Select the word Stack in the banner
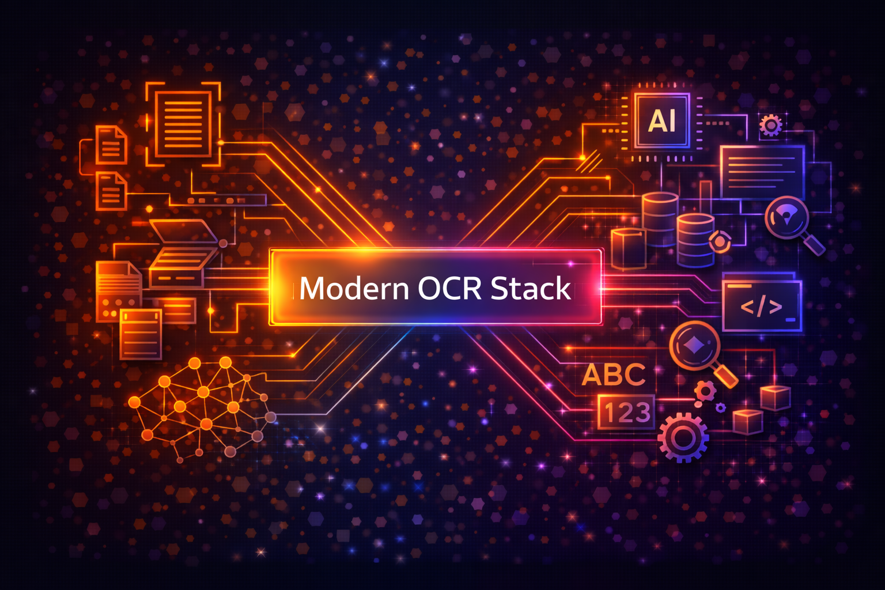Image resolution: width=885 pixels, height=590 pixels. point(530,288)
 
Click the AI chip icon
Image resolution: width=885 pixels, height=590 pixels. point(662,121)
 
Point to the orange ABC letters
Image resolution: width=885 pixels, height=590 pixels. point(613,375)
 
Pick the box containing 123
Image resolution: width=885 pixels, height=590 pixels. point(626,412)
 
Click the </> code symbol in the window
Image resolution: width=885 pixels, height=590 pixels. point(761,307)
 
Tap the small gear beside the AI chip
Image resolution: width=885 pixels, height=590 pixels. point(771,125)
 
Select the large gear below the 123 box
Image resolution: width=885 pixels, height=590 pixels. point(683,437)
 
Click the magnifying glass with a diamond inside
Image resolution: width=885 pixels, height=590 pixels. point(694,346)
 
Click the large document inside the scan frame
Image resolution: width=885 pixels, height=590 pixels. point(183,124)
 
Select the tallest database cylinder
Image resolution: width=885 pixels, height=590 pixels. point(660,219)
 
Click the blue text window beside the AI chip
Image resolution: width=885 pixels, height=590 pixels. point(762,172)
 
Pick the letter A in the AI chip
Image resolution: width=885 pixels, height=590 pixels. point(656,122)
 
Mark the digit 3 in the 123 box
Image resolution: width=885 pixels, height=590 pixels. point(642,413)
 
